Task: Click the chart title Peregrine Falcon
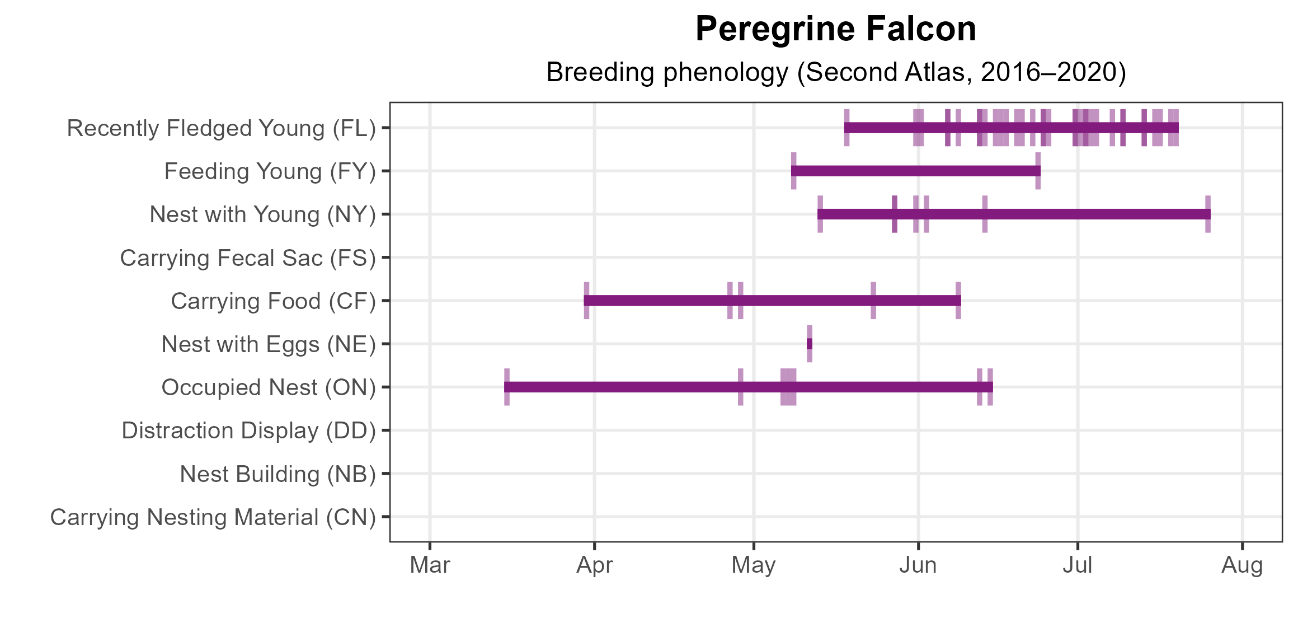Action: [835, 29]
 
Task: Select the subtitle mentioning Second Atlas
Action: [835, 72]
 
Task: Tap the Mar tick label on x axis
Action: [430, 565]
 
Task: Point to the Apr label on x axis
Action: [594, 565]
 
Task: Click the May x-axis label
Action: [754, 565]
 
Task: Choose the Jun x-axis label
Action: [918, 565]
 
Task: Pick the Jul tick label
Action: [1078, 565]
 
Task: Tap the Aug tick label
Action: [1242, 565]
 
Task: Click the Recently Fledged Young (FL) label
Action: [221, 128]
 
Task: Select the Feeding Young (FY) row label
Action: [270, 171]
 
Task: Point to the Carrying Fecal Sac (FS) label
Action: [248, 258]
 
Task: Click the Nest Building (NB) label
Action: [278, 474]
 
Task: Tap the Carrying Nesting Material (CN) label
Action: [213, 517]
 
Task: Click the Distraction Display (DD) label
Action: [248, 431]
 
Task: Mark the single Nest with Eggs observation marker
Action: [810, 344]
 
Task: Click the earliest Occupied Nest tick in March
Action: [507, 387]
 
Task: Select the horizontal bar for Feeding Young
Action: [915, 171]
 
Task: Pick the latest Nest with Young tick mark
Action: [1208, 214]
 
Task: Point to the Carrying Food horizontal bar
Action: [772, 301]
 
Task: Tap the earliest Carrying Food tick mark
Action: [586, 301]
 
